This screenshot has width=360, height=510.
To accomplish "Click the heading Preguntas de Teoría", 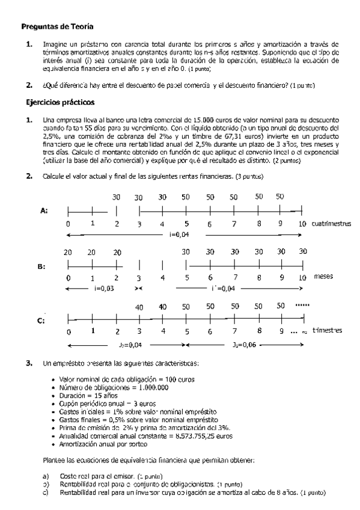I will pos(58,27).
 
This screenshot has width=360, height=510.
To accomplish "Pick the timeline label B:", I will pos(43,265).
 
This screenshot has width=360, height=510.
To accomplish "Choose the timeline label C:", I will pos(43,321).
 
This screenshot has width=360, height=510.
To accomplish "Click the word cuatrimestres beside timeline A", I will pos(332,224).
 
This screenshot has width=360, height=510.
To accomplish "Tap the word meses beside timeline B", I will pos(323,277).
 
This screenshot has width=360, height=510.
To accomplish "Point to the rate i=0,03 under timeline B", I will pos(104,289).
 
